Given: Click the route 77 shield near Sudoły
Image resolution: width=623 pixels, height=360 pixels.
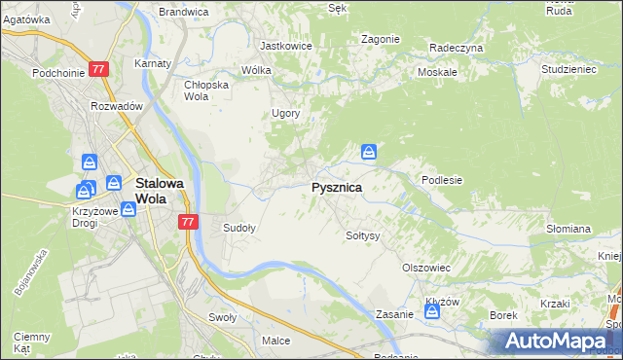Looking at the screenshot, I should [189, 222].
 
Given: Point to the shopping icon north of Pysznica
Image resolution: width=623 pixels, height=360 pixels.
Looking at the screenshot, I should [369, 152].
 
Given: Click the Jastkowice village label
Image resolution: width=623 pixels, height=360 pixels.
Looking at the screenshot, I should [284, 46].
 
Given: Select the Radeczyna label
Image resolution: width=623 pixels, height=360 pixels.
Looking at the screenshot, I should [456, 47].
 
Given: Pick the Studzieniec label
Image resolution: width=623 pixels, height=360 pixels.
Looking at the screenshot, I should [568, 70].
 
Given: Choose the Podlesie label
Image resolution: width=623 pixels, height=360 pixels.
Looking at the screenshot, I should [441, 180].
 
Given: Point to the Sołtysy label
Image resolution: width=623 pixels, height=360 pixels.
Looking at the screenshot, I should [363, 235].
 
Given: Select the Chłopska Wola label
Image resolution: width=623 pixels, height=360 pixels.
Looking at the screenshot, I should [205, 90].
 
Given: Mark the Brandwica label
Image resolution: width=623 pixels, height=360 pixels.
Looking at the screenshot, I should [184, 12].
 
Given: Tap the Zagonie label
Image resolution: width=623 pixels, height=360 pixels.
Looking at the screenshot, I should [381, 39].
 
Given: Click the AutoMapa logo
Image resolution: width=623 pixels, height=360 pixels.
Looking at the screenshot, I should [558, 342].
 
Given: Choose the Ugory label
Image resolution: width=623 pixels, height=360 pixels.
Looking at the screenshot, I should [285, 113].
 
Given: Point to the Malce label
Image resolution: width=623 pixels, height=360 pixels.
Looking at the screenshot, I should [275, 341].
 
